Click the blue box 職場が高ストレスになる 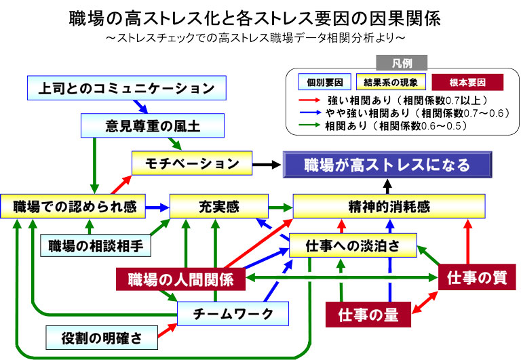pos(387,164)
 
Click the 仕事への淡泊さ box pos(351,245)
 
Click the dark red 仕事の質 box pos(477,277)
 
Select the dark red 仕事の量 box pos(368,315)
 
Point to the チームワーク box pos(233,314)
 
